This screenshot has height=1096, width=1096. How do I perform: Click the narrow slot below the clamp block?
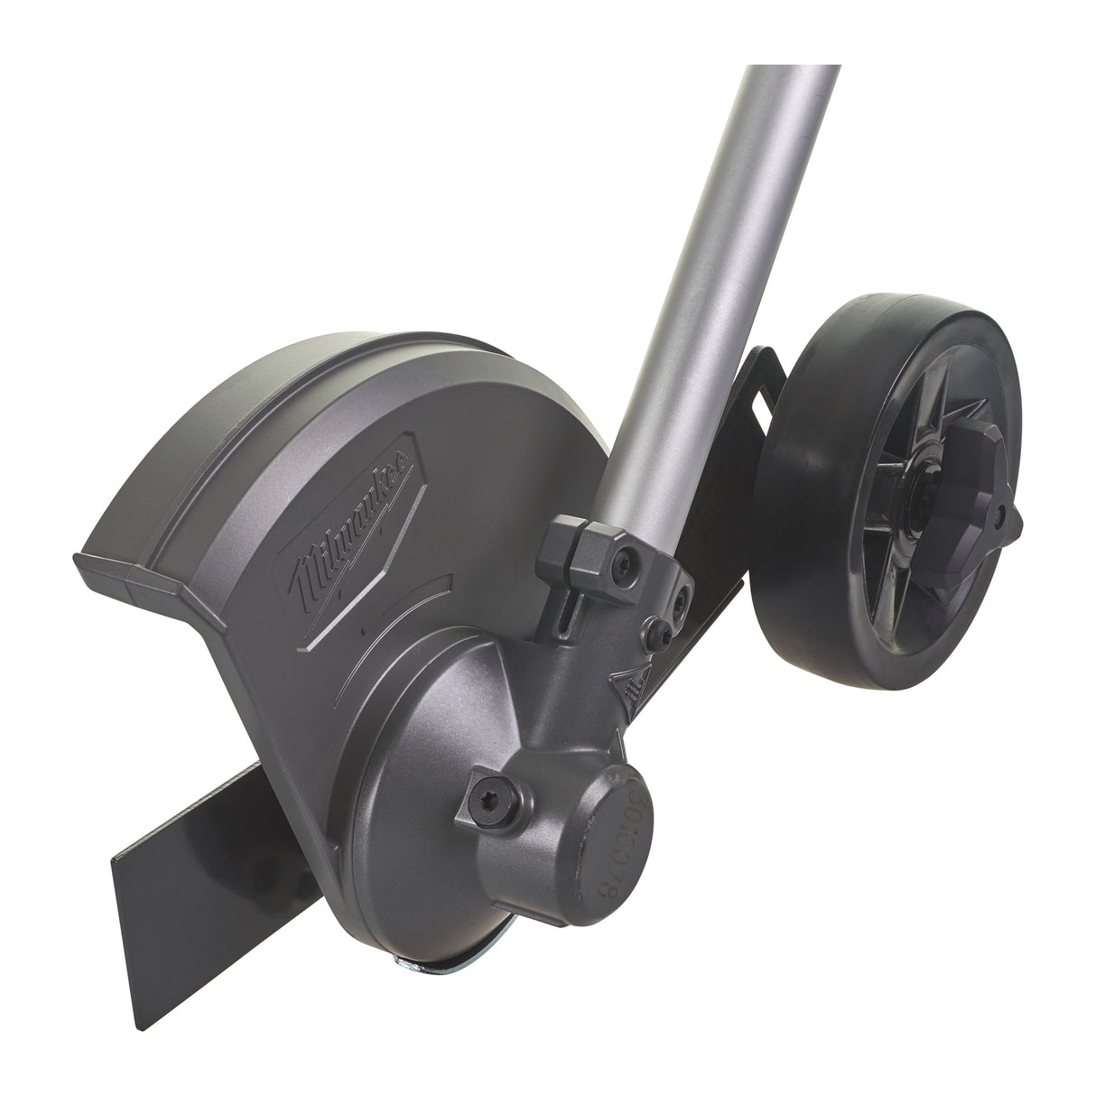pos(562,615)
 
